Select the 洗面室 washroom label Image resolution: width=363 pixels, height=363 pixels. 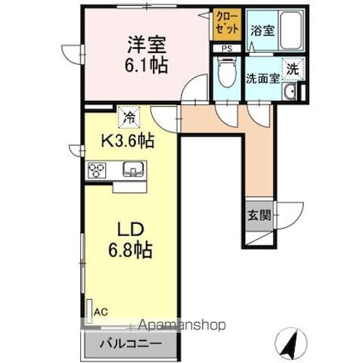coord(263,78)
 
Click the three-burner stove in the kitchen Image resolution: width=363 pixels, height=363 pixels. coord(97,170)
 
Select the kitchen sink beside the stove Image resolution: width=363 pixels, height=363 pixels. coord(131,170)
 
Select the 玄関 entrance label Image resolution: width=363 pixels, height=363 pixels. coord(260,215)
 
